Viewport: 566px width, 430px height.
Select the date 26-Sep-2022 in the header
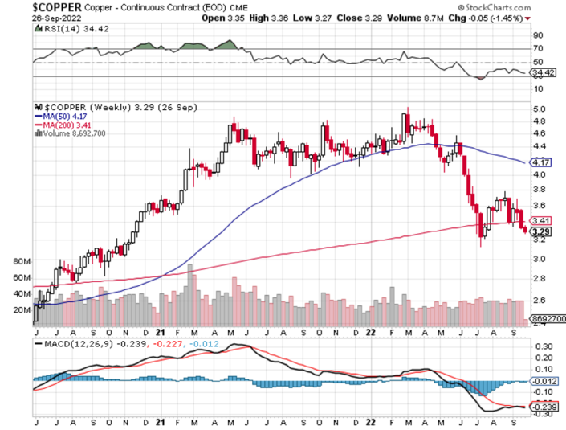tap(27, 18)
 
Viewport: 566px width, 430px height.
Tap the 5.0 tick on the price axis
tap(540, 109)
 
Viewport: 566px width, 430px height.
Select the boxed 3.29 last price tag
tap(540, 231)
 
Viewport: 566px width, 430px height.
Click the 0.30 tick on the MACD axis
tap(542, 346)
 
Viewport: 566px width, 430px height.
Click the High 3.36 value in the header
tap(292, 18)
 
